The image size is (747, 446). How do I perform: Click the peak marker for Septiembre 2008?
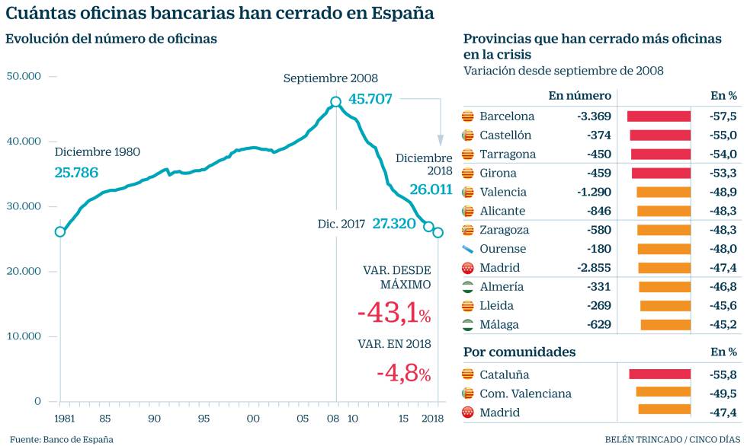336,102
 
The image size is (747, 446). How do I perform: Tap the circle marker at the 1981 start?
60,231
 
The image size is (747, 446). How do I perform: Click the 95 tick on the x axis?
204,418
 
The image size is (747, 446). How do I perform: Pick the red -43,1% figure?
393,314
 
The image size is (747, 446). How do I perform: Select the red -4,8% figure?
403,373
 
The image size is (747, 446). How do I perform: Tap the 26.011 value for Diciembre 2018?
431,190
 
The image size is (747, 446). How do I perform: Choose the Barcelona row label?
507,116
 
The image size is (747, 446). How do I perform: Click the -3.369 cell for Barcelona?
594,116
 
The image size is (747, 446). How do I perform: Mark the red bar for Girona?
661,173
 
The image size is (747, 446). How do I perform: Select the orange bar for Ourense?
663,249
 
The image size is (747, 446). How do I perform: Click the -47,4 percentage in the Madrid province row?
723,268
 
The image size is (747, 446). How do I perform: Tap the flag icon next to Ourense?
468,249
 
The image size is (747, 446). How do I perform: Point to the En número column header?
579,96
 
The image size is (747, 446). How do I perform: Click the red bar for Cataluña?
659,374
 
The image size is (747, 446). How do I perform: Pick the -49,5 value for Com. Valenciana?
723,393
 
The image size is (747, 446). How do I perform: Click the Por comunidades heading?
519,352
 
